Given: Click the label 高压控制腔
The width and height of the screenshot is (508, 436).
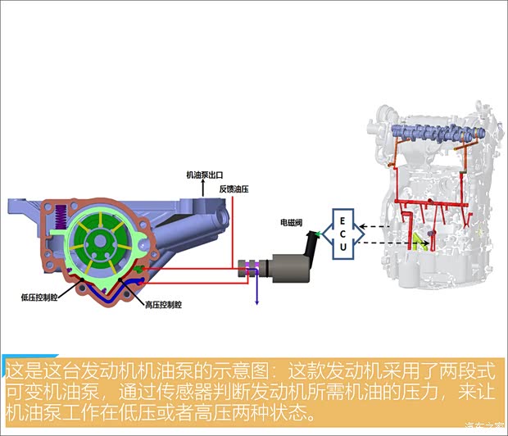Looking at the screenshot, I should tap(162, 305).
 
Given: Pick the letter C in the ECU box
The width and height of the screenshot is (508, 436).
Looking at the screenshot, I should tap(342, 234).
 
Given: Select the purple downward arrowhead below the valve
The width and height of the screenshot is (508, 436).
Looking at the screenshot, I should tap(256, 300).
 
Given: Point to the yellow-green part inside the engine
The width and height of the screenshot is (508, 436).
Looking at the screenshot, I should tap(423, 241).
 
